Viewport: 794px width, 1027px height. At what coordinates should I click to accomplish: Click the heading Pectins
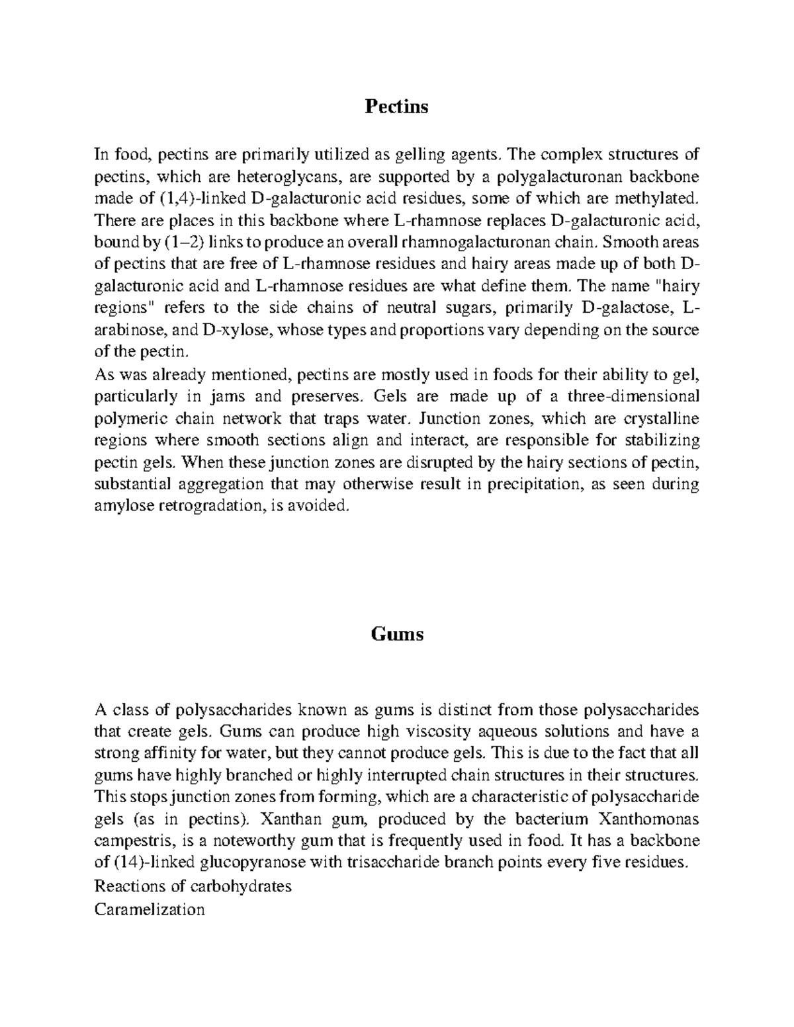pyautogui.click(x=396, y=106)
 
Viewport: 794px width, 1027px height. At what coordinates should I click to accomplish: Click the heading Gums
pyautogui.click(x=396, y=634)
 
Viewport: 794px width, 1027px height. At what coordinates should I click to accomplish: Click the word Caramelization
pyautogui.click(x=150, y=909)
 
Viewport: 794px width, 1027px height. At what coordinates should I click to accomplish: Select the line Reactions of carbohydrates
pyautogui.click(x=193, y=886)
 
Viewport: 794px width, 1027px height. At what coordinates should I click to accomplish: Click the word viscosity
pyautogui.click(x=420, y=732)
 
